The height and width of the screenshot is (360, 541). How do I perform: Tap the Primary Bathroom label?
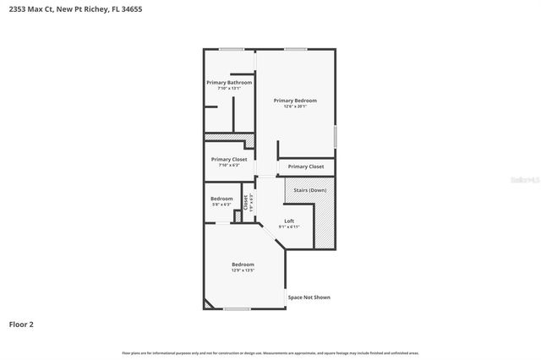point(229,82)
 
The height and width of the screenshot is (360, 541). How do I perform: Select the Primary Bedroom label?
point(295,100)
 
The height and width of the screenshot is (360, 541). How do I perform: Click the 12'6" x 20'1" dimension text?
point(295,106)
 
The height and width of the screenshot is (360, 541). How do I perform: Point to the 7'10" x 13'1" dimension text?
point(229,88)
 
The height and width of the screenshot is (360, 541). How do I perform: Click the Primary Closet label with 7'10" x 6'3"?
point(229,159)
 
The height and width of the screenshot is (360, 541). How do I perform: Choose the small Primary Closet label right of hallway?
point(305,166)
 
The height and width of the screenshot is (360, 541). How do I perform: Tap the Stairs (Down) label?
point(309,190)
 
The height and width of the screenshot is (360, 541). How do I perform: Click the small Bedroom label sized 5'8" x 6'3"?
point(221,199)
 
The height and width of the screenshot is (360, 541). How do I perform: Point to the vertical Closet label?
point(246,202)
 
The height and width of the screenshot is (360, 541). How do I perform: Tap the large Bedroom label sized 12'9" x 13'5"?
point(243,265)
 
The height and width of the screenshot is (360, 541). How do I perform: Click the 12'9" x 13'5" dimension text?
point(243,270)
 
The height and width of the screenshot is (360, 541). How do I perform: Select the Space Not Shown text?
point(309,297)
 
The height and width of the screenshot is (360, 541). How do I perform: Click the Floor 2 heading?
point(21,324)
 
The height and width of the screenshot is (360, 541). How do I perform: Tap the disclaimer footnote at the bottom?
point(270,352)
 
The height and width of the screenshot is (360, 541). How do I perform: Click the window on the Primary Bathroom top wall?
point(232,49)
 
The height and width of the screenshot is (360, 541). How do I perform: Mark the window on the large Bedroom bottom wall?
point(237,309)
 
